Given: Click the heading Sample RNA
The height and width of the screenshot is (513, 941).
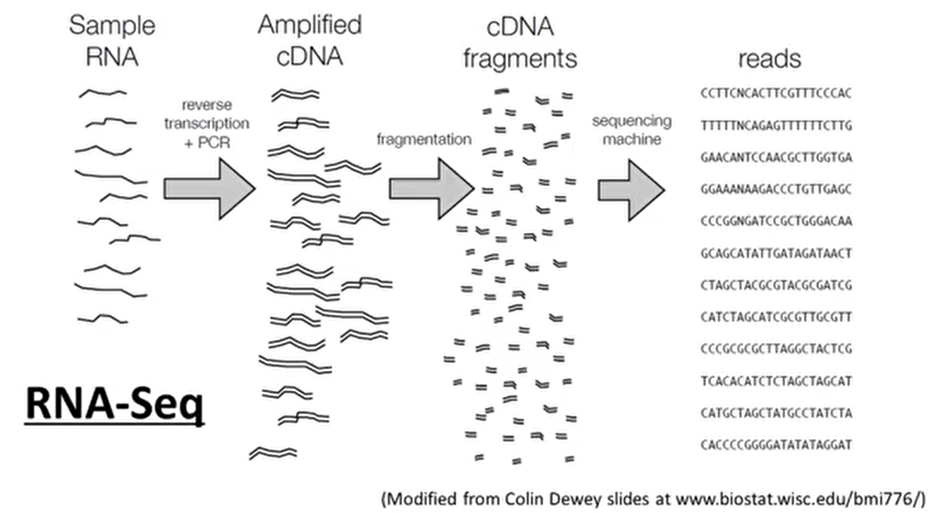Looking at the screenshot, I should tap(112, 41).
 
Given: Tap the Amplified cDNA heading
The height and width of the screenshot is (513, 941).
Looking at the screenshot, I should tap(310, 40).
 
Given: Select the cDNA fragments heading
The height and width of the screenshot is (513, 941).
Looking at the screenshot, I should tap(520, 42).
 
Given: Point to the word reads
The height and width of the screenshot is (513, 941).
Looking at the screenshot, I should tap(769, 58).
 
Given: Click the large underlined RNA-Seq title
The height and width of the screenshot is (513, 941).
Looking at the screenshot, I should tap(115, 404).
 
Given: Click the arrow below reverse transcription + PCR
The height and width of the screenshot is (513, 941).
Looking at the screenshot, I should tap(209, 188).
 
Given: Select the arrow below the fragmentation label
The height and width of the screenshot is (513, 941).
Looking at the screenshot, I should tap(431, 188).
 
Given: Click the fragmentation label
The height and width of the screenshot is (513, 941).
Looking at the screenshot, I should tap(424, 139).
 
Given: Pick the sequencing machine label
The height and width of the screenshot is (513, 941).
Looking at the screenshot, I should tap(632, 130).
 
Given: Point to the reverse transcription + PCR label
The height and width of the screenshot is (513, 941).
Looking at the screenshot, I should tap(207, 124).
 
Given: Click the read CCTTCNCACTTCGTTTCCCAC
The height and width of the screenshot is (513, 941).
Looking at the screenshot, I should tap(776, 93).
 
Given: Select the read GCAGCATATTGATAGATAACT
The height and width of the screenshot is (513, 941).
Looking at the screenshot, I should tap(776, 253).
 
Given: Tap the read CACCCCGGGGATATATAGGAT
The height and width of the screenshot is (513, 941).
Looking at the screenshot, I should tap(776, 445).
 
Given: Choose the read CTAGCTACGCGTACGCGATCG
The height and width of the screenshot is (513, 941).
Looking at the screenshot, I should tap(776, 285).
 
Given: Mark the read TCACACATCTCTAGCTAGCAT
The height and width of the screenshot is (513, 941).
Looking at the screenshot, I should tap(776, 381).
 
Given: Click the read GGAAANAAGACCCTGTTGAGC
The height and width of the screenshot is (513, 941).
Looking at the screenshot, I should tap(776, 189).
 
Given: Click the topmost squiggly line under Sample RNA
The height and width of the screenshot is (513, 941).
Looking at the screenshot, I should tap(103, 93).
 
